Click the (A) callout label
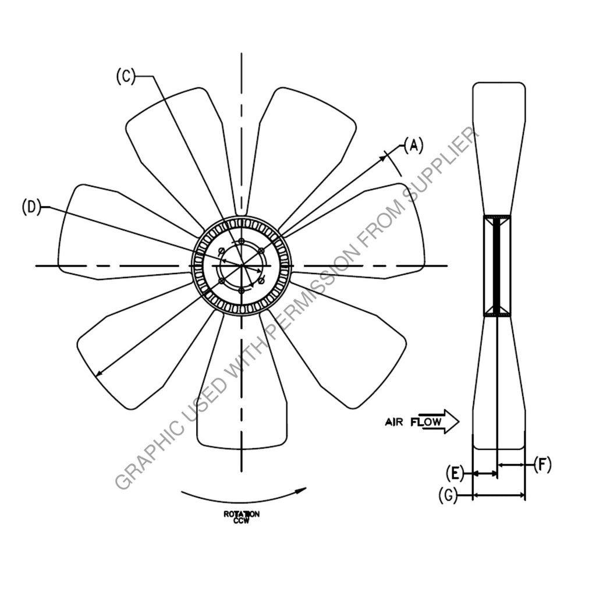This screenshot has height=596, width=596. [x=413, y=146]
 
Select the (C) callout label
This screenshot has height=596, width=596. [x=126, y=76]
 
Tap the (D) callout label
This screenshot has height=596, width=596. [x=31, y=207]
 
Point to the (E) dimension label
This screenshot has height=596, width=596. [x=455, y=473]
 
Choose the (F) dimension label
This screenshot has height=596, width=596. [x=542, y=464]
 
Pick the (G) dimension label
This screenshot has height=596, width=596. [x=448, y=495]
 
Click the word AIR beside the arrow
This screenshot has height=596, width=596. [x=394, y=423]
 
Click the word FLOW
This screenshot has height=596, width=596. [x=425, y=422]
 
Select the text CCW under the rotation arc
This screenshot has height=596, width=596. [x=242, y=521]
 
